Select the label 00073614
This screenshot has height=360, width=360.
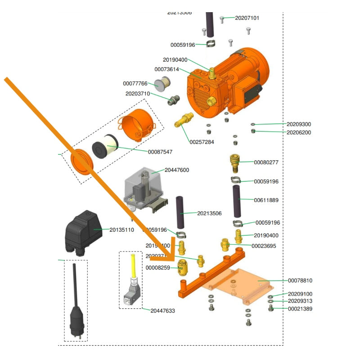click(x=166, y=69)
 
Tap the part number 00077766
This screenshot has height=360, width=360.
click(x=135, y=84)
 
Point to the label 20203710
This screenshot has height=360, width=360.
click(x=138, y=94)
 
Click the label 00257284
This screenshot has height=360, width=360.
click(x=202, y=142)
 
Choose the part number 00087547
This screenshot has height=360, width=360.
click(x=160, y=152)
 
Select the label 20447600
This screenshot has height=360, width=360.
click(x=177, y=170)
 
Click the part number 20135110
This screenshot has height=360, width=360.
click(x=121, y=229)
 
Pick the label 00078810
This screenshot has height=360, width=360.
click(x=300, y=280)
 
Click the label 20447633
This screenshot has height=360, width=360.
click(x=163, y=311)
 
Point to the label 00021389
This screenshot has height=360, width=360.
click(x=300, y=309)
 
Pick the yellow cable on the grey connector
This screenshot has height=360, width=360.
click(x=133, y=265)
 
